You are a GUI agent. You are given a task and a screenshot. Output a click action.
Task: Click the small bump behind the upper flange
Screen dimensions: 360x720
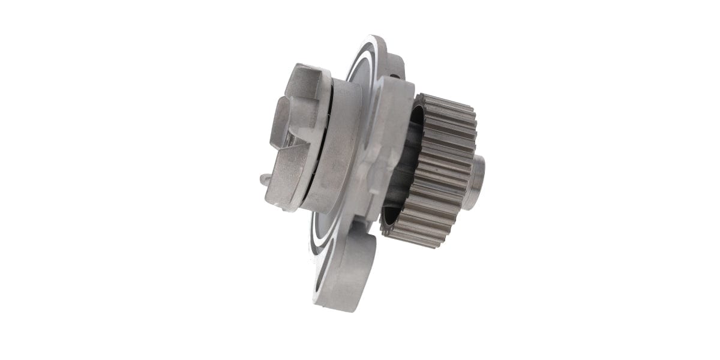397,77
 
